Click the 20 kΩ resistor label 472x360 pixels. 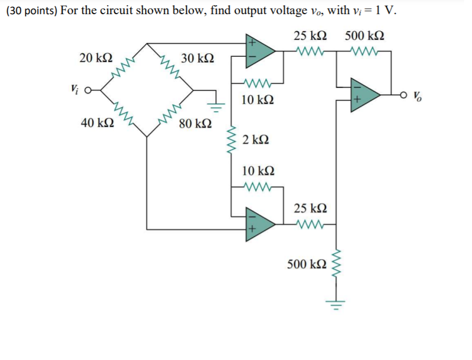point(96,58)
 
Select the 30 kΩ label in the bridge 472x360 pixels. point(197,58)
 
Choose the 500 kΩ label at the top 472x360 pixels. point(364,36)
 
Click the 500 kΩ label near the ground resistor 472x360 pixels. point(307,264)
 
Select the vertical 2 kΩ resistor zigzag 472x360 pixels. point(231,141)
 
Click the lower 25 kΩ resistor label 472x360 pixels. point(309,208)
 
